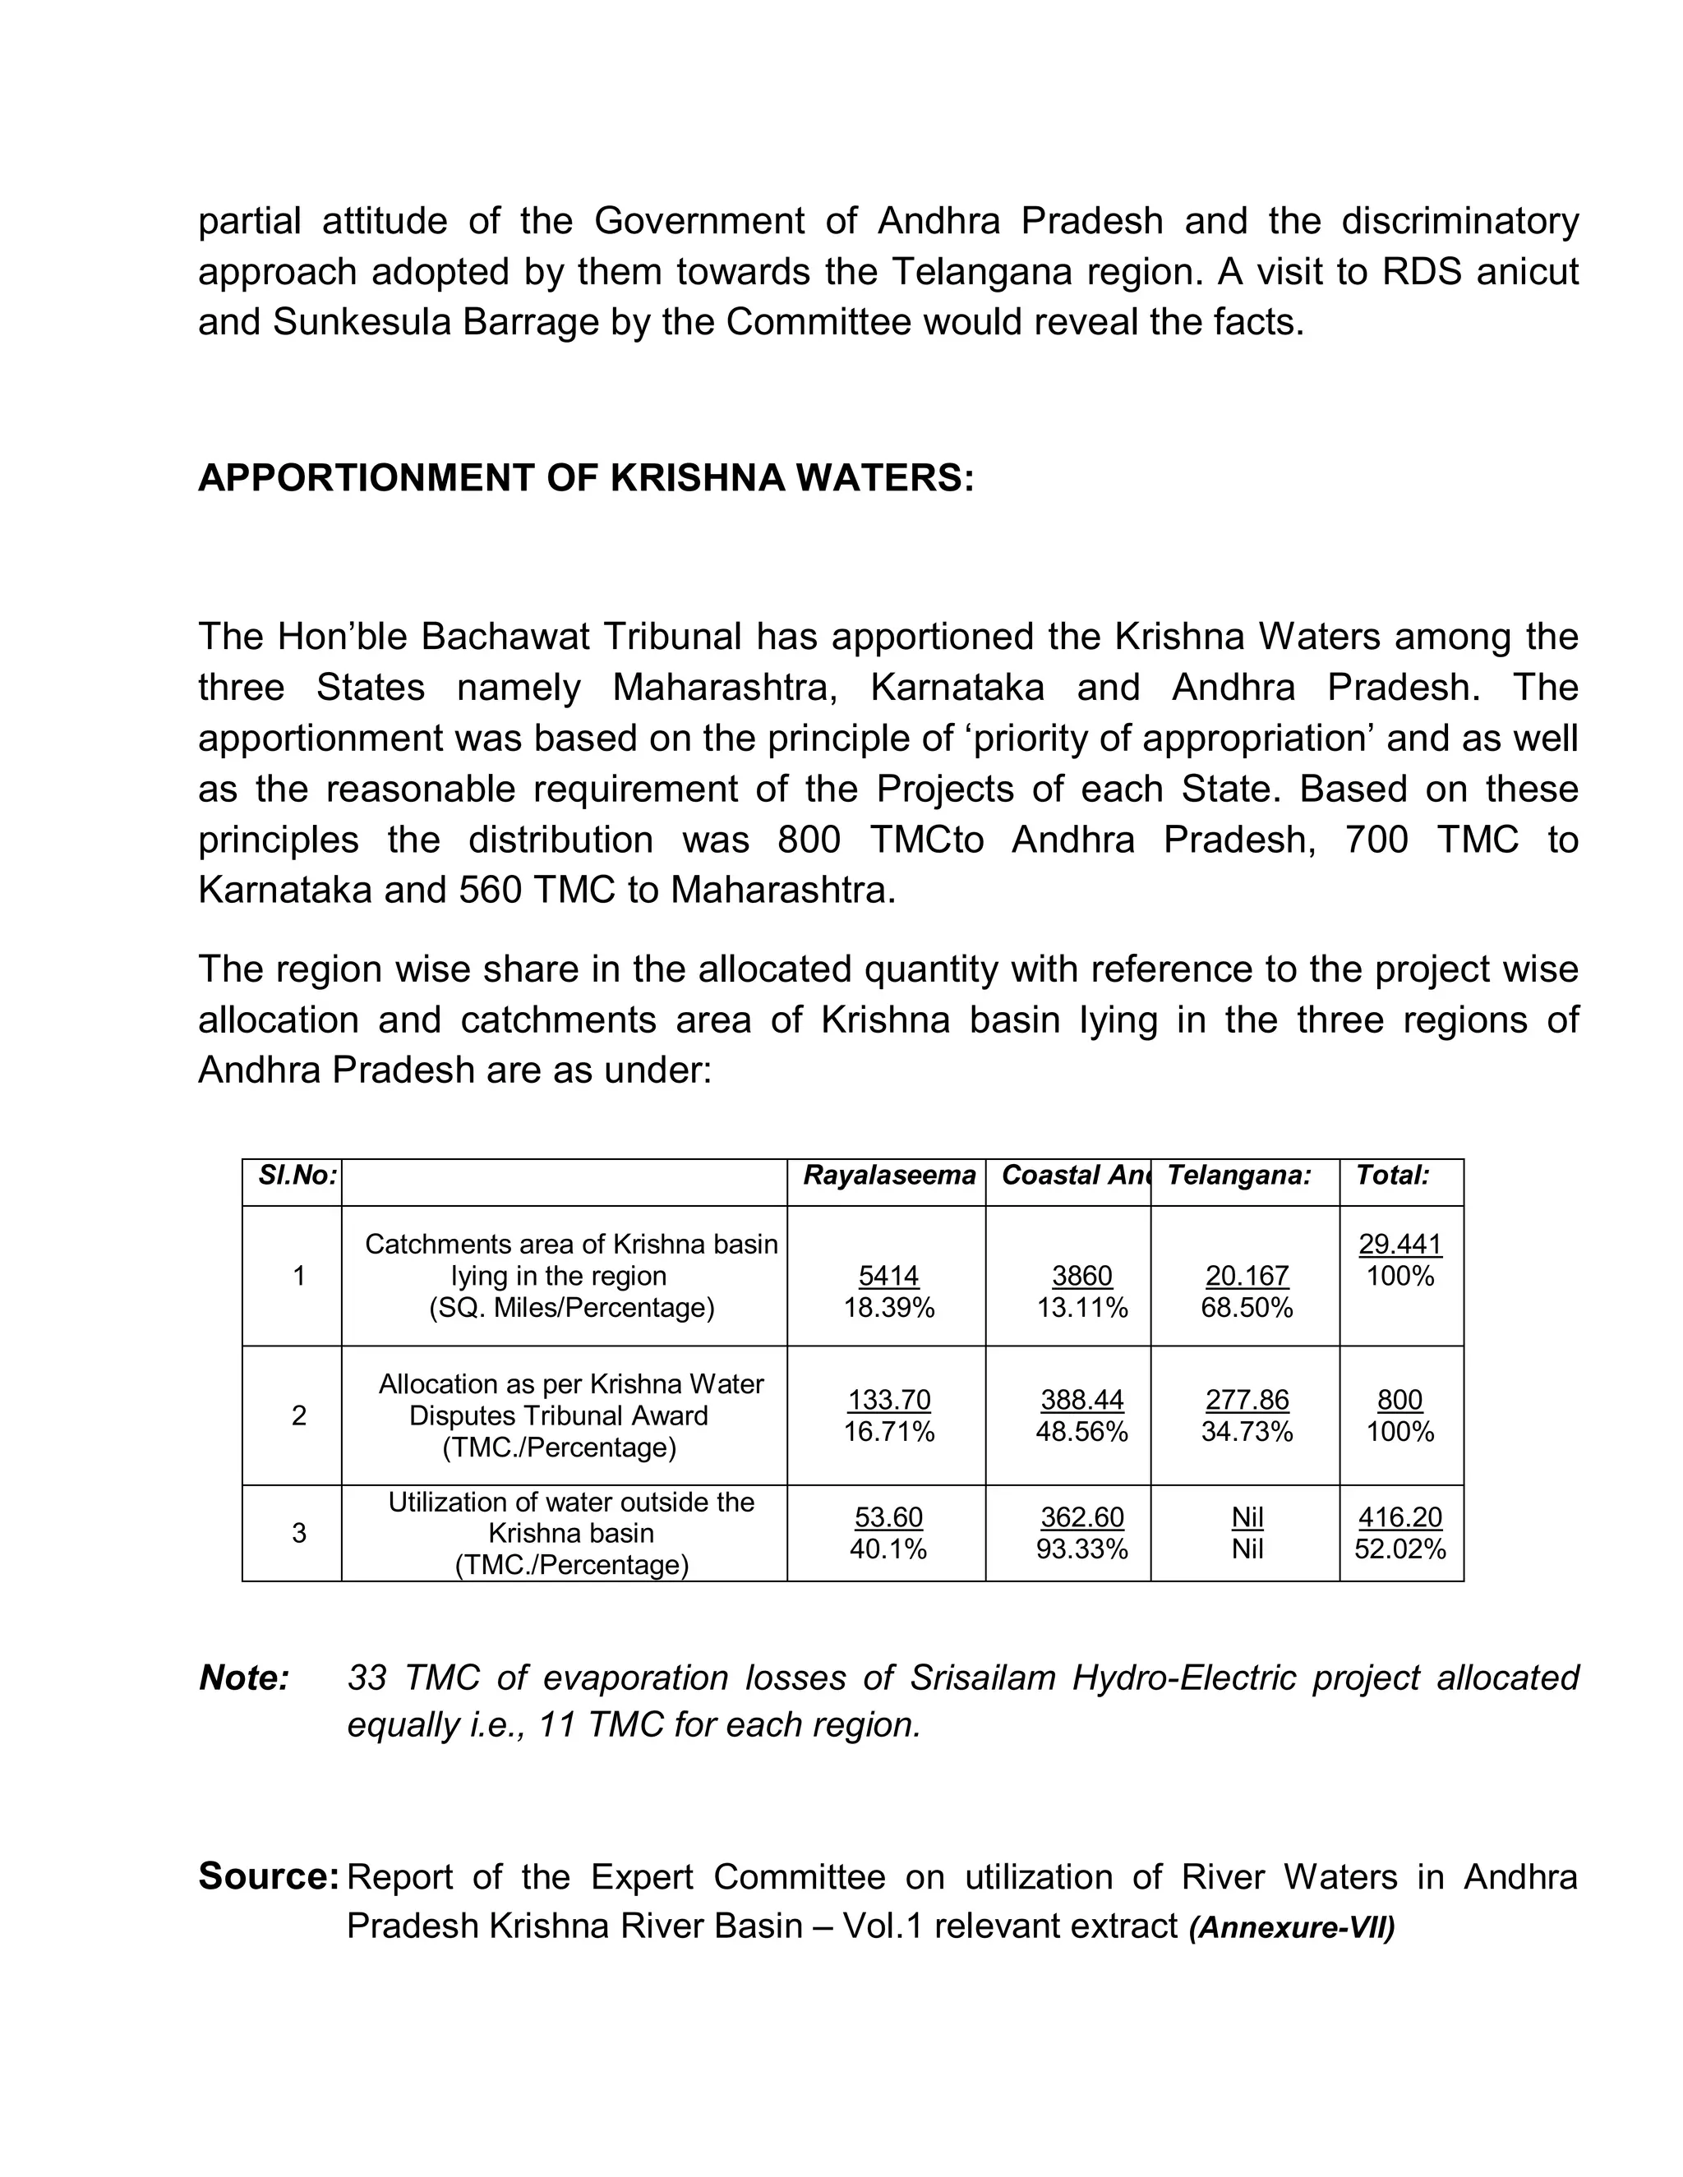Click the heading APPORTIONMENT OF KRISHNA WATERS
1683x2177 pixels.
585,478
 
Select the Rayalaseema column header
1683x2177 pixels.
888,1176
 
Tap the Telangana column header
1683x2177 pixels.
1238,1176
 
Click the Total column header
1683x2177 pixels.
1392,1176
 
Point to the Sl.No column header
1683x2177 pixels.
297,1176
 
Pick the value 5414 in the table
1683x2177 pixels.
888,1275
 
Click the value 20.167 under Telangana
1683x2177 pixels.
1247,1275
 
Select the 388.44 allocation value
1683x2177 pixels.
1081,1400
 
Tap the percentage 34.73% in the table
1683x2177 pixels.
1247,1431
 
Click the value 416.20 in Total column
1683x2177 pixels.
1399,1517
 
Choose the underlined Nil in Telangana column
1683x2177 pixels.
1247,1517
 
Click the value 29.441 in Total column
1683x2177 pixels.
1399,1243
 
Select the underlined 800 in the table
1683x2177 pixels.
1399,1400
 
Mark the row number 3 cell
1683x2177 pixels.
298,1533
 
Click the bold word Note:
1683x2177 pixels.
244,1678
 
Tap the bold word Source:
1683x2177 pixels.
270,1876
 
